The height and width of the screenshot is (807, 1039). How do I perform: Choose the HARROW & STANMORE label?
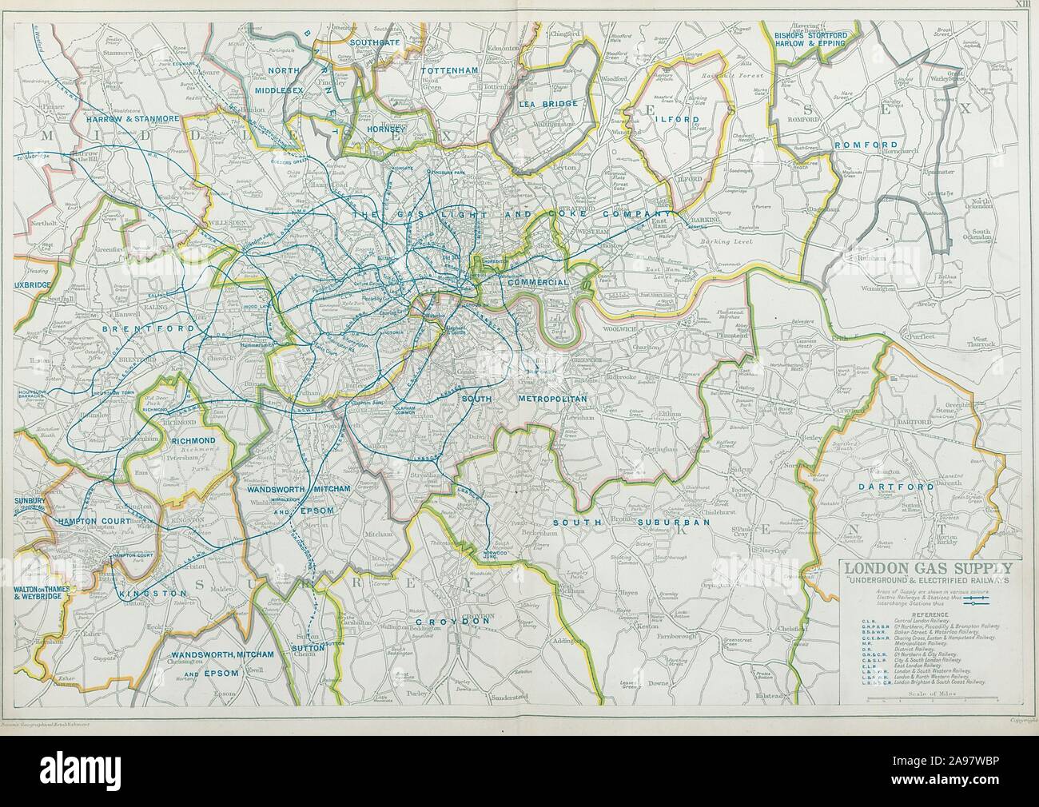point(130,118)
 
